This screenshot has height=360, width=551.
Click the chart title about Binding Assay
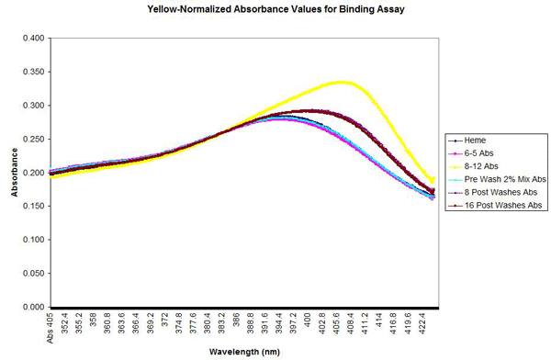275,11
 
